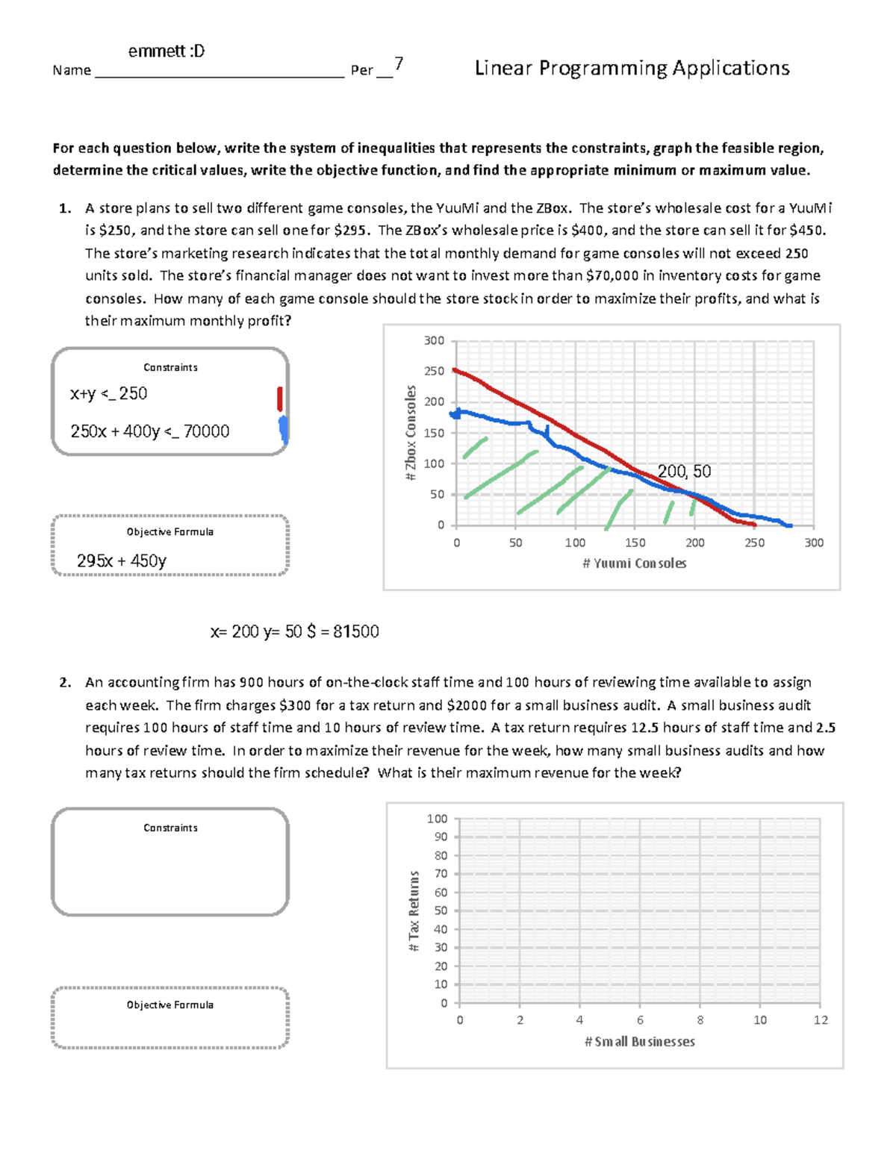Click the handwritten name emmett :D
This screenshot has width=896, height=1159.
point(167,51)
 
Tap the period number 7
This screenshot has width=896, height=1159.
point(399,64)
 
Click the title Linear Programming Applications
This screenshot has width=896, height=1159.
point(632,69)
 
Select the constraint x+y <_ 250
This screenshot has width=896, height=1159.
point(109,394)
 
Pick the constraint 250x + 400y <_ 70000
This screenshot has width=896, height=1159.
point(150,431)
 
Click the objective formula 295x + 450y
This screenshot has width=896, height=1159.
point(122,560)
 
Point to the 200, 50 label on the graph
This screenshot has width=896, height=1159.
point(684,471)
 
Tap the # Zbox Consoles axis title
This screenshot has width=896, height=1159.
point(410,433)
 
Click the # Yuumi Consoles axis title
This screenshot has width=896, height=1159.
point(634,563)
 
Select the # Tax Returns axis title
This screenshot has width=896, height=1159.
point(414,910)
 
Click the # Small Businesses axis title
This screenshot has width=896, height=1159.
point(639,1041)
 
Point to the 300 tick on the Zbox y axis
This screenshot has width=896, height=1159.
point(434,341)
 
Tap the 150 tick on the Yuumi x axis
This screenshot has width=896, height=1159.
point(635,543)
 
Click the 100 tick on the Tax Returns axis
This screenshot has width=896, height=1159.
point(437,819)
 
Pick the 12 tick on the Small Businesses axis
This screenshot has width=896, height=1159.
point(820,1020)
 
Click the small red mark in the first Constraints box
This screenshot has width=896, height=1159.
point(280,399)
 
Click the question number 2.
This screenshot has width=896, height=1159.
point(66,682)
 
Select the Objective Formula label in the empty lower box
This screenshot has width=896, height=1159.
point(170,1005)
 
